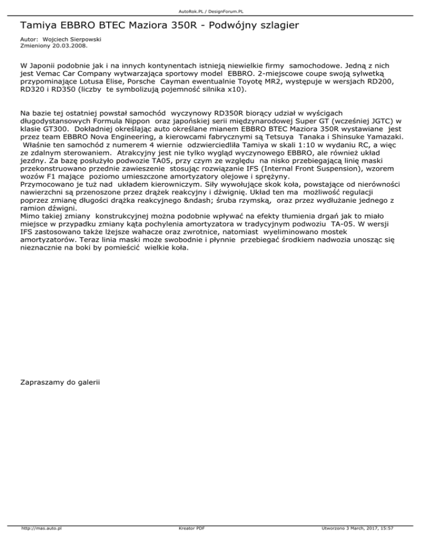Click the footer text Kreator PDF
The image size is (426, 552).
point(189,544)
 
